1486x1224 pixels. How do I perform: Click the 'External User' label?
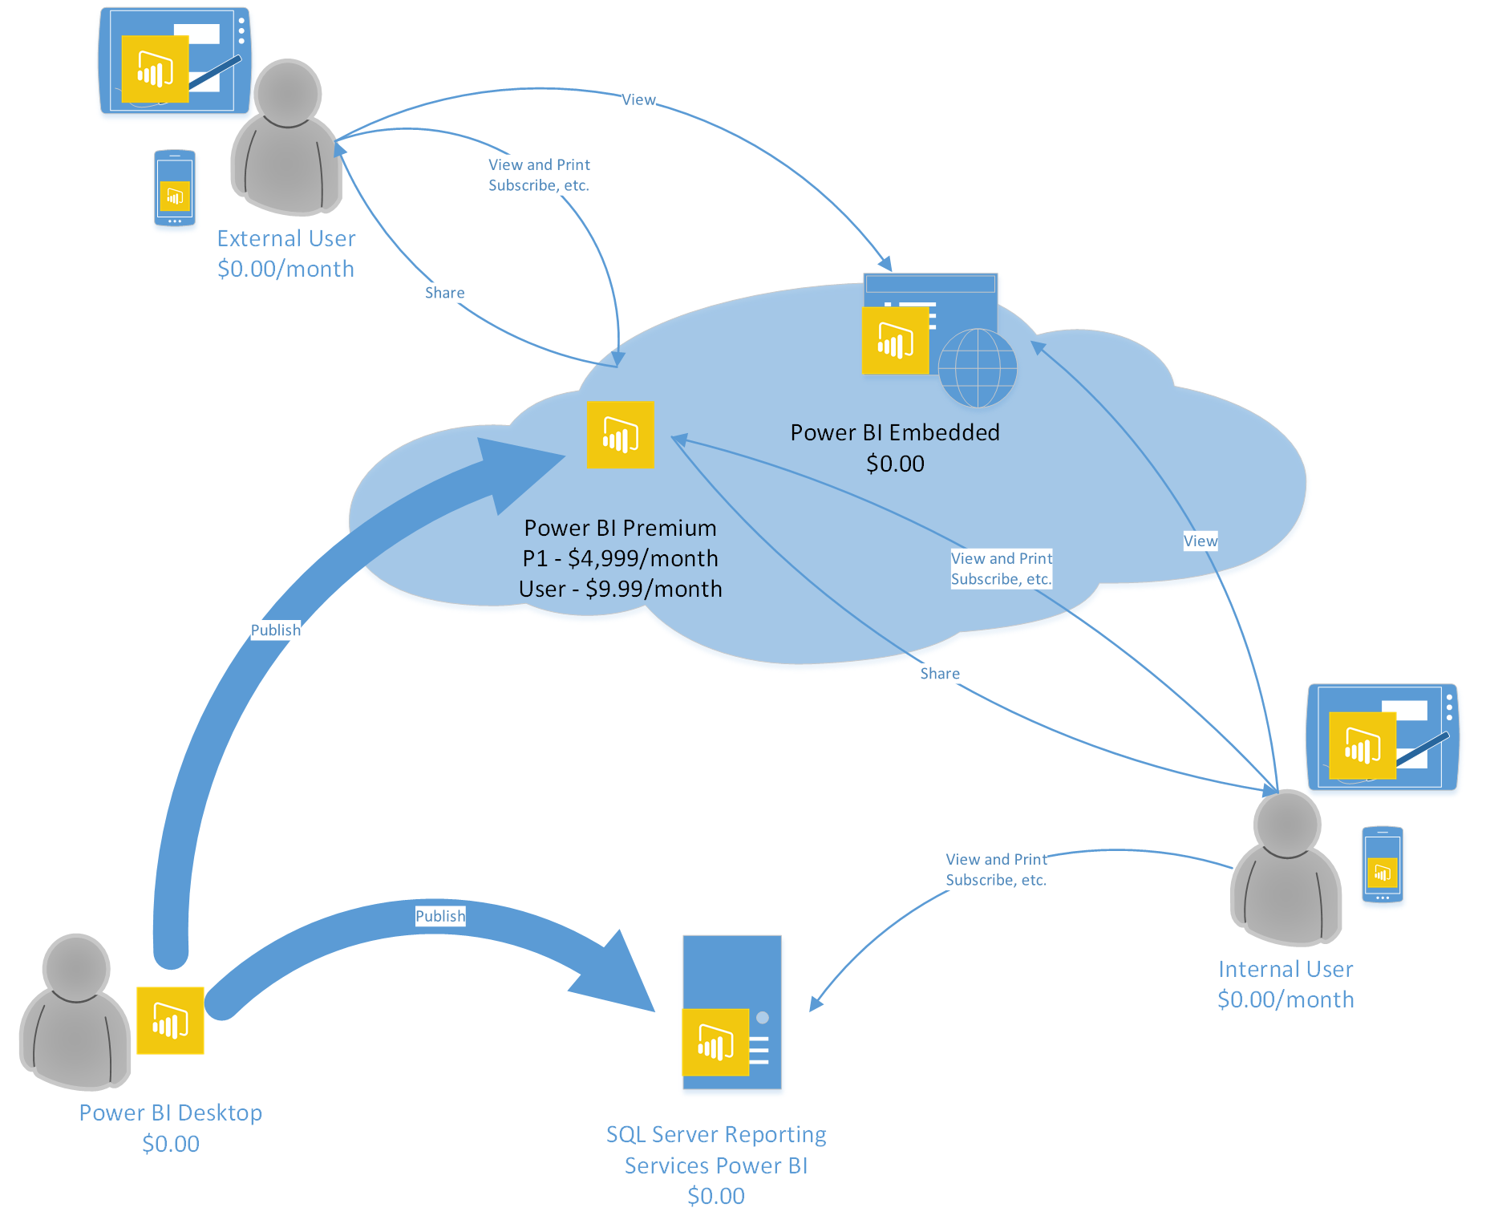(285, 239)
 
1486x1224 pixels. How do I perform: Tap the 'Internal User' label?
(1285, 969)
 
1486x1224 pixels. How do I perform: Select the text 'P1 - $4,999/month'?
(620, 558)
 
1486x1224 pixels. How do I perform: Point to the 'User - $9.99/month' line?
(620, 589)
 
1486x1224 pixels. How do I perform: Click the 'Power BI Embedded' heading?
(894, 432)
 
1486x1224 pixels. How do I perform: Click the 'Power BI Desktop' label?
(170, 1113)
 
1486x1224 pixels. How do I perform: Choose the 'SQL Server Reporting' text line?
(715, 1134)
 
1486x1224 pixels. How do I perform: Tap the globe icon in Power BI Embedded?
(977, 368)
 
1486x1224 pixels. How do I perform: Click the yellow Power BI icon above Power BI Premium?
(620, 435)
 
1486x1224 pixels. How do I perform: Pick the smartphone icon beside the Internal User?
(1382, 865)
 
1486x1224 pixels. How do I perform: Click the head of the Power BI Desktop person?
(76, 967)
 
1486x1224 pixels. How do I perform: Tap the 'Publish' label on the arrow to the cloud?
(275, 630)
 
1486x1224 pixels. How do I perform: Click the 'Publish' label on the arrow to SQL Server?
(439, 916)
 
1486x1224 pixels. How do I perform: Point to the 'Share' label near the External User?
(444, 293)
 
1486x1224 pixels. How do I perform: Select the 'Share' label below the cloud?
(939, 674)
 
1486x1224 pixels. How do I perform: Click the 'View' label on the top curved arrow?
(638, 99)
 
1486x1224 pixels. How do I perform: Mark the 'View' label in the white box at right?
(1200, 541)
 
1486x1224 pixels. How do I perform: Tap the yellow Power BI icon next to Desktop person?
(170, 1020)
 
